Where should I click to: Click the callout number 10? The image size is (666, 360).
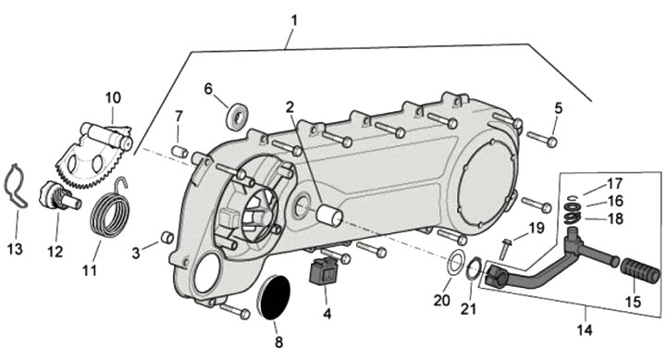tap(113, 98)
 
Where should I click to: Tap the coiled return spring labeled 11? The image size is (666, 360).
tap(110, 211)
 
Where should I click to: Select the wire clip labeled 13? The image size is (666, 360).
tap(15, 186)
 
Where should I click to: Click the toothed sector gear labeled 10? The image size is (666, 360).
tap(92, 154)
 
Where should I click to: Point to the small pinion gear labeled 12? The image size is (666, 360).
tap(58, 195)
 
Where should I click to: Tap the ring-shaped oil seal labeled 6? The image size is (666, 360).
tap(237, 117)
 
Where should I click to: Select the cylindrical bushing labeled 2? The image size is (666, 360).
tap(329, 215)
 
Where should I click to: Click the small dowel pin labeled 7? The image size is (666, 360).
tap(179, 151)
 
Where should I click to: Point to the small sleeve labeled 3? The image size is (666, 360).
tap(166, 237)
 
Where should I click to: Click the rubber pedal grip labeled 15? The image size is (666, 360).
tap(640, 271)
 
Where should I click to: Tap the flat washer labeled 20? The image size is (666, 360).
tap(455, 263)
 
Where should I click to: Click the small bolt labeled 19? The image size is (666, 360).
tap(505, 249)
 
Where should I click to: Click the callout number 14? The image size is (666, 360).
tap(585, 330)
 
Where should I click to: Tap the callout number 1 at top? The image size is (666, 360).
tap(293, 20)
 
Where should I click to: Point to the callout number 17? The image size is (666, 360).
tap(614, 184)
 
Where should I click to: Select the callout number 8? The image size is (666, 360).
tap(278, 342)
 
